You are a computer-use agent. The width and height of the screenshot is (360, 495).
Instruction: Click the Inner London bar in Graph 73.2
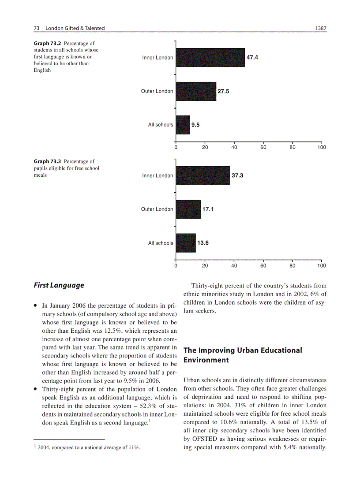210,58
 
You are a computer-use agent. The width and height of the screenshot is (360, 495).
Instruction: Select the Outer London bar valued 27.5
196,91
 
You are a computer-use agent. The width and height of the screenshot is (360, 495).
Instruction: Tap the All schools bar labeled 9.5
183,125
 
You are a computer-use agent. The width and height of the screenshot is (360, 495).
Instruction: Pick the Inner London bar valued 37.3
203,175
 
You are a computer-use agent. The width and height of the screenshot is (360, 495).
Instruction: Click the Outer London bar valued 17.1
188,209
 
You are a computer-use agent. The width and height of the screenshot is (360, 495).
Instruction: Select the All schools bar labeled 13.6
186,243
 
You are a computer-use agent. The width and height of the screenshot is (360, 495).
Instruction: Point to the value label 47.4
252,58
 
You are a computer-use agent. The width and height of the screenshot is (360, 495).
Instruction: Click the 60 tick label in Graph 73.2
263,148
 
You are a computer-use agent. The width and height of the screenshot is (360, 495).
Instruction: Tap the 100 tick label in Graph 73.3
321,266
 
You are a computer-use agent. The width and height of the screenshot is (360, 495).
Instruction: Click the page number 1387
320,28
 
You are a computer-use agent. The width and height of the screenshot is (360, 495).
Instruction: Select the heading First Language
59,285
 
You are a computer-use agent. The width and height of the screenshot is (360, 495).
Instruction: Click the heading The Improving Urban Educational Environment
243,355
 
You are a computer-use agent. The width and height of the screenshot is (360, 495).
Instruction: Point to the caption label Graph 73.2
47,43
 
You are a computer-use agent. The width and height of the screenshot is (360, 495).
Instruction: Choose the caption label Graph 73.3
47,161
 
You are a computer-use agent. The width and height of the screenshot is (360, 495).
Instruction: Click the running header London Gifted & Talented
75,28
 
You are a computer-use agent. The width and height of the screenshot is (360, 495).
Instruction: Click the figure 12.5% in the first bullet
120,330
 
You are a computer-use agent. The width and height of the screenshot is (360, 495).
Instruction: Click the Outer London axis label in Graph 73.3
157,209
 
